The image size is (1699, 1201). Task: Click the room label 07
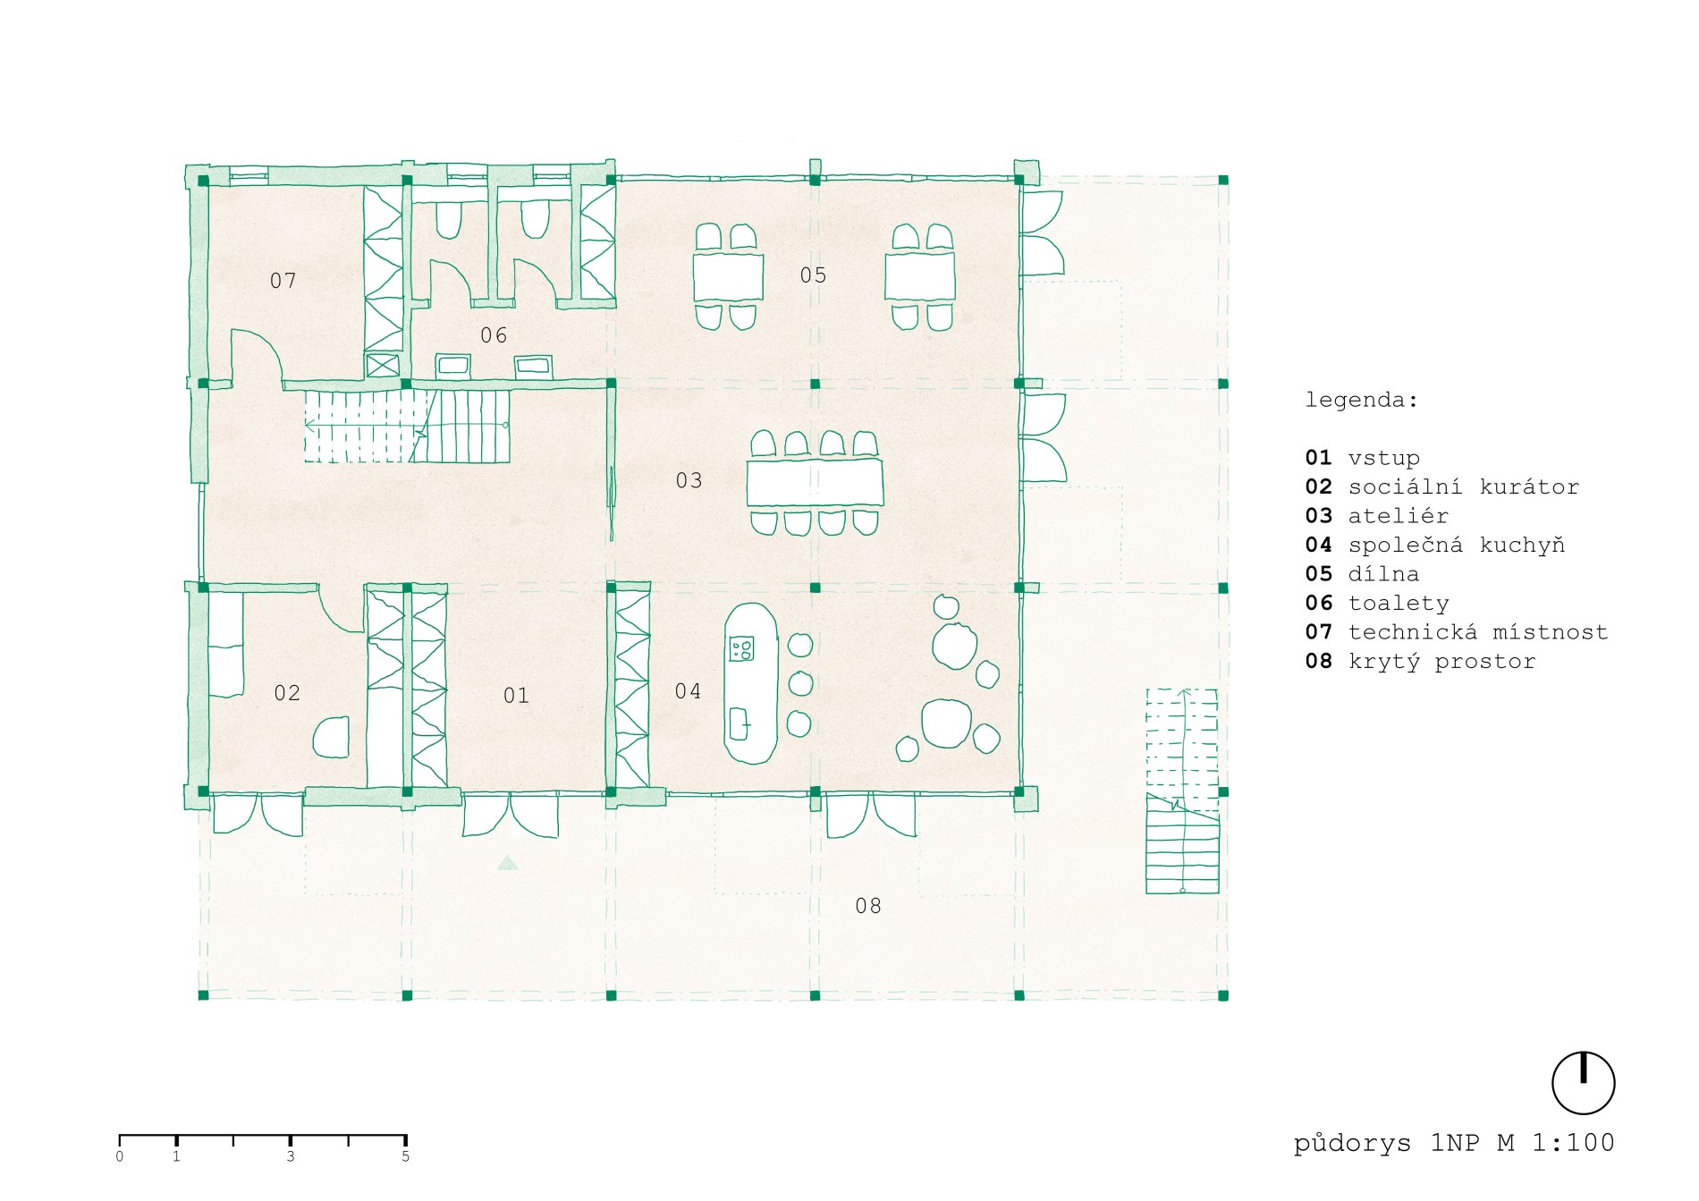tap(283, 281)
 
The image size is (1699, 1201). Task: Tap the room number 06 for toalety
tap(494, 335)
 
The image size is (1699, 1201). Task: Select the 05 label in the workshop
tap(813, 275)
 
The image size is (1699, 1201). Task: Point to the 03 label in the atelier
tap(689, 481)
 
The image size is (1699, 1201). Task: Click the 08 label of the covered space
tap(868, 907)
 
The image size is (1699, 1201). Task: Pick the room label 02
tap(287, 693)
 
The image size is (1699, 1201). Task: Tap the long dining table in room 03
tap(815, 483)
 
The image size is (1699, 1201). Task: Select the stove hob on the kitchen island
tap(741, 648)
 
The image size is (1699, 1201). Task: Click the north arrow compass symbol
tap(1583, 1083)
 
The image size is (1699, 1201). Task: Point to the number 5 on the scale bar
tap(405, 1156)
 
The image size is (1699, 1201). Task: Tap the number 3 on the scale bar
tap(291, 1156)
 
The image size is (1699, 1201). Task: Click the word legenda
tap(1361, 400)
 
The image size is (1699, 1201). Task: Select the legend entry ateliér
tap(1399, 516)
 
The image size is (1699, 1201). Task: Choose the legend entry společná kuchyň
tap(1457, 546)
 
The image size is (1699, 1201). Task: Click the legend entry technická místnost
tap(1478, 632)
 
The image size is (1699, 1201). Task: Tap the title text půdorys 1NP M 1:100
tap(1454, 1143)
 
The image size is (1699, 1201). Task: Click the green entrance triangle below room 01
tap(508, 863)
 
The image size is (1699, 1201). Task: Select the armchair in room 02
tap(332, 737)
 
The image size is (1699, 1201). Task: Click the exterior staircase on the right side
tap(1182, 791)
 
